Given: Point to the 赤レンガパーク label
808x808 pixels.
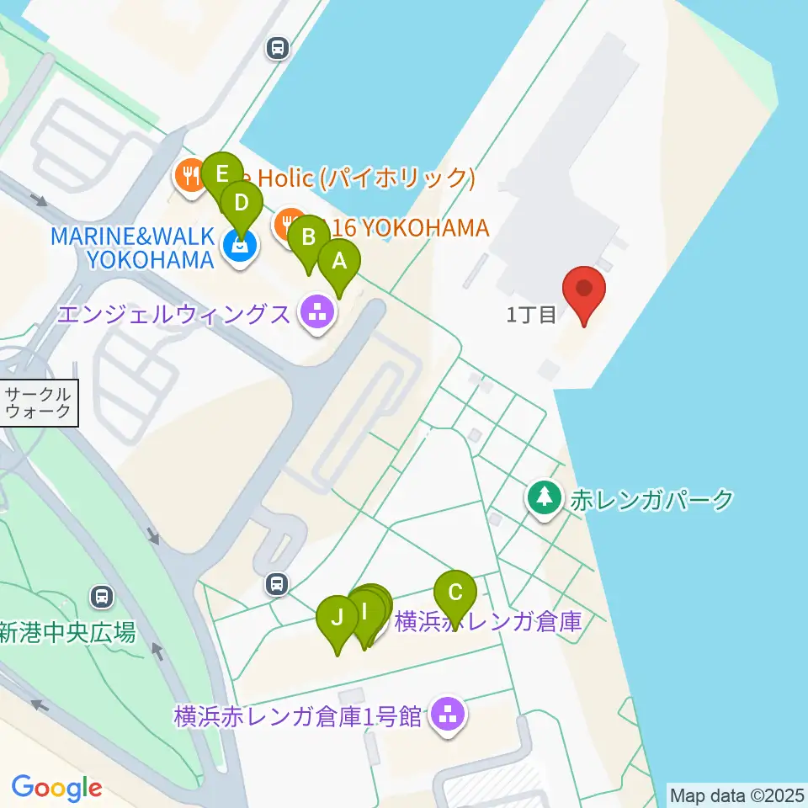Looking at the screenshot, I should (652, 500).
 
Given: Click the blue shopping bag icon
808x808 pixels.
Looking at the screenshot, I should (240, 247).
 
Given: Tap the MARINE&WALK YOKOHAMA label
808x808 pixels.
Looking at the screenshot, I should (132, 247).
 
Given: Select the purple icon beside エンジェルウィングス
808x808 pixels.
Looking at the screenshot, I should (317, 314).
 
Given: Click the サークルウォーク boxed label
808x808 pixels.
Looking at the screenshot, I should (40, 402).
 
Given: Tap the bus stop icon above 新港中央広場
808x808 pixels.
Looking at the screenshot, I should (102, 597).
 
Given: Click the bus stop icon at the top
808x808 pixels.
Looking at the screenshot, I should (277, 49).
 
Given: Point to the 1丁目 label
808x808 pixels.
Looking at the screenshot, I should (531, 316).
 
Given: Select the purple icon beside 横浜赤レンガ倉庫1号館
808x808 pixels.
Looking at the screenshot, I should (449, 715).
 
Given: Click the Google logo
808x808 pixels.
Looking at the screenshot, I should (56, 788).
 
